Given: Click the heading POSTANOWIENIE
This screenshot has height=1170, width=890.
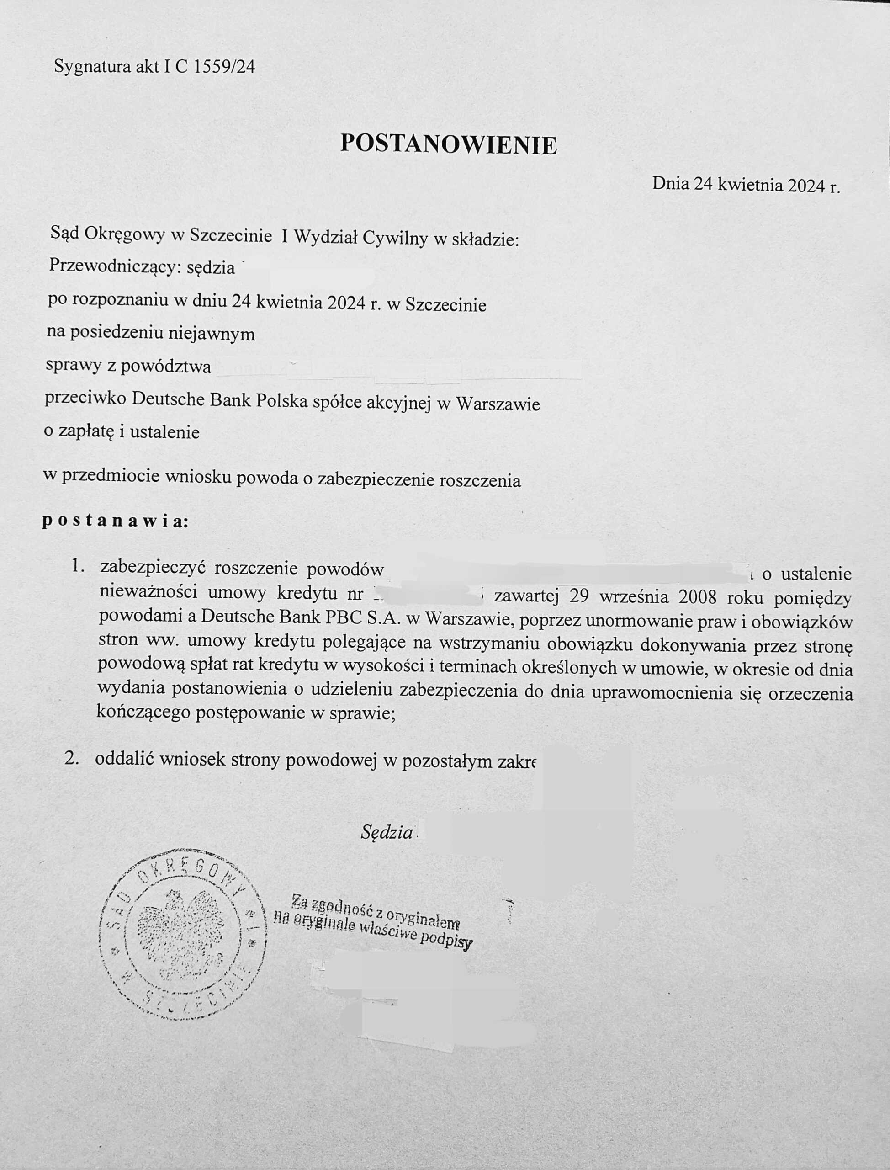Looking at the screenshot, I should (448, 144).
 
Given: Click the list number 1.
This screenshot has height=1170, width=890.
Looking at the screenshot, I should (77, 566).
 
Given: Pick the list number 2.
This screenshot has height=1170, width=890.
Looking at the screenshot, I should (72, 758).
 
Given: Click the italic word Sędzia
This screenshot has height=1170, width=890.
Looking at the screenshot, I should (387, 832).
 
